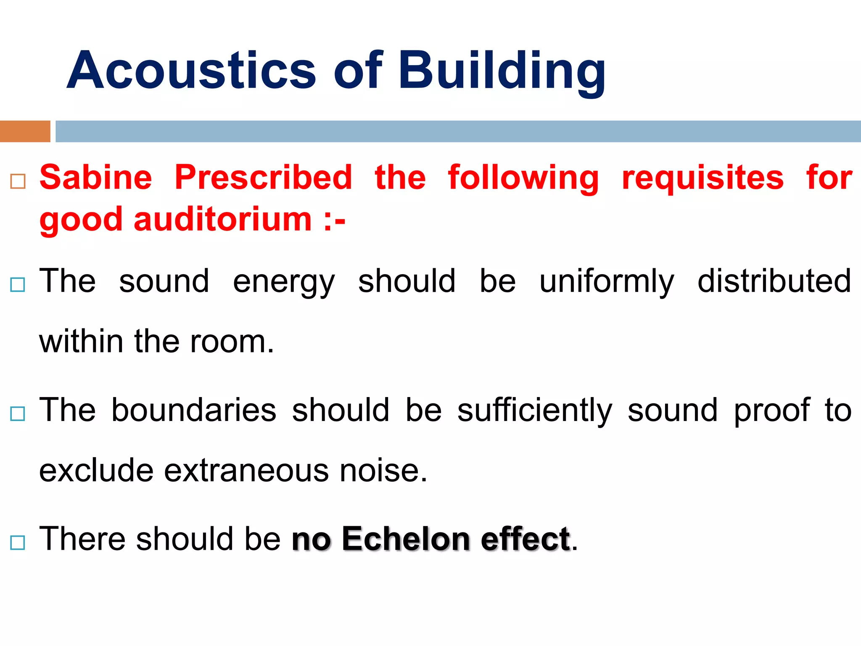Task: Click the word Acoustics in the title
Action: [x=191, y=70]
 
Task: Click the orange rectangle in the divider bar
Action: [x=25, y=131]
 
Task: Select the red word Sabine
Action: [x=96, y=177]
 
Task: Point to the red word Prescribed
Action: [x=264, y=177]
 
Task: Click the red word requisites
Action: [x=703, y=177]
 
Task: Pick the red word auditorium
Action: [x=223, y=220]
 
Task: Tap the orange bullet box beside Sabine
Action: [x=18, y=181]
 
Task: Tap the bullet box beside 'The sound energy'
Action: [x=18, y=285]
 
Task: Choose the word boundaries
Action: [x=194, y=410]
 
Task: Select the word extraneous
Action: [x=246, y=471]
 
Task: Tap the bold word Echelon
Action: [x=406, y=539]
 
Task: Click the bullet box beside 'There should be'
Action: [x=18, y=543]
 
